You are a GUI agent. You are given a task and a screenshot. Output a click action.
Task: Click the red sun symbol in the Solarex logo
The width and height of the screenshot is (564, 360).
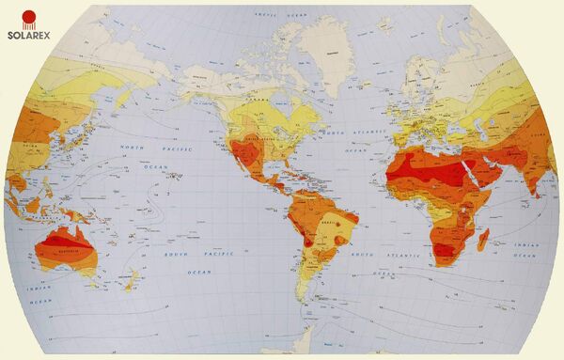tap(30, 17)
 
